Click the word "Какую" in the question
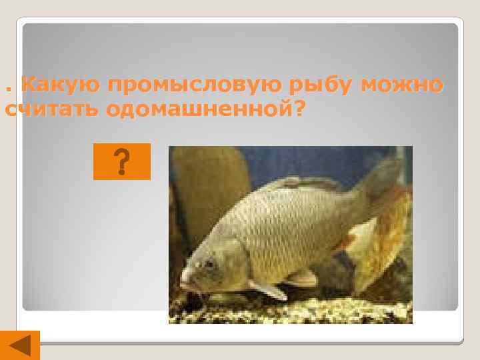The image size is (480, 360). pyautogui.click(x=59, y=85)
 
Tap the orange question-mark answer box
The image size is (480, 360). pyautogui.click(x=122, y=161)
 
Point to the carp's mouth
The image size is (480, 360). pyautogui.click(x=185, y=280)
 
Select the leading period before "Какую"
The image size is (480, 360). pyautogui.click(x=7, y=90)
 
